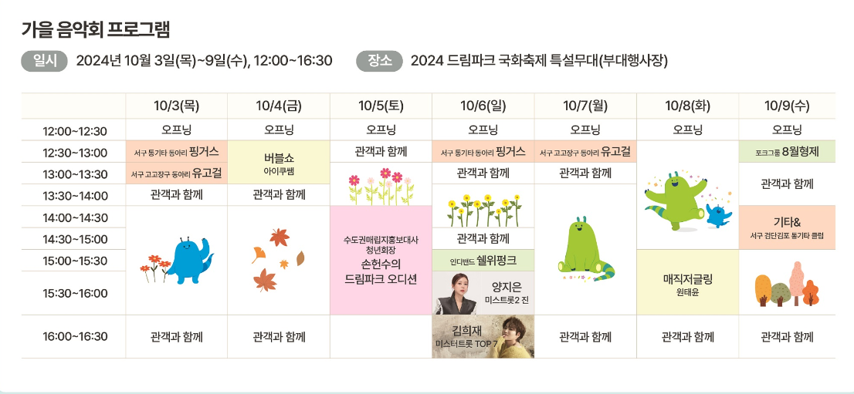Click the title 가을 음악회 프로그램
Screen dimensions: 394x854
[96, 30]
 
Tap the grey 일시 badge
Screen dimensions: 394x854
[45, 61]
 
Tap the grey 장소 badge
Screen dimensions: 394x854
[379, 61]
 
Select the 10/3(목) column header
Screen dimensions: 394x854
[177, 106]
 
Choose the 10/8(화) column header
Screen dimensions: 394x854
[687, 106]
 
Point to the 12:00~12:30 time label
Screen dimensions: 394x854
[75, 130]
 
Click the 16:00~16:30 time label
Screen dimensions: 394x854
[75, 337]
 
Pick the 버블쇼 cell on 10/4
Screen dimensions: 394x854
[279, 163]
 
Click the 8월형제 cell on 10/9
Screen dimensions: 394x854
[787, 152]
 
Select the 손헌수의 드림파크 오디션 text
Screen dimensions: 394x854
[381, 271]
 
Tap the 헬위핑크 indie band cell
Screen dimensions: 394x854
[483, 260]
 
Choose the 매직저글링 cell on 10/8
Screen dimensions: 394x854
[687, 282]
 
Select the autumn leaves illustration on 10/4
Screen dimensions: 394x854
[278, 258]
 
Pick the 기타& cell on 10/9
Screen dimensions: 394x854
[787, 227]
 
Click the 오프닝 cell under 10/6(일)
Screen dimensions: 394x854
[483, 130]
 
